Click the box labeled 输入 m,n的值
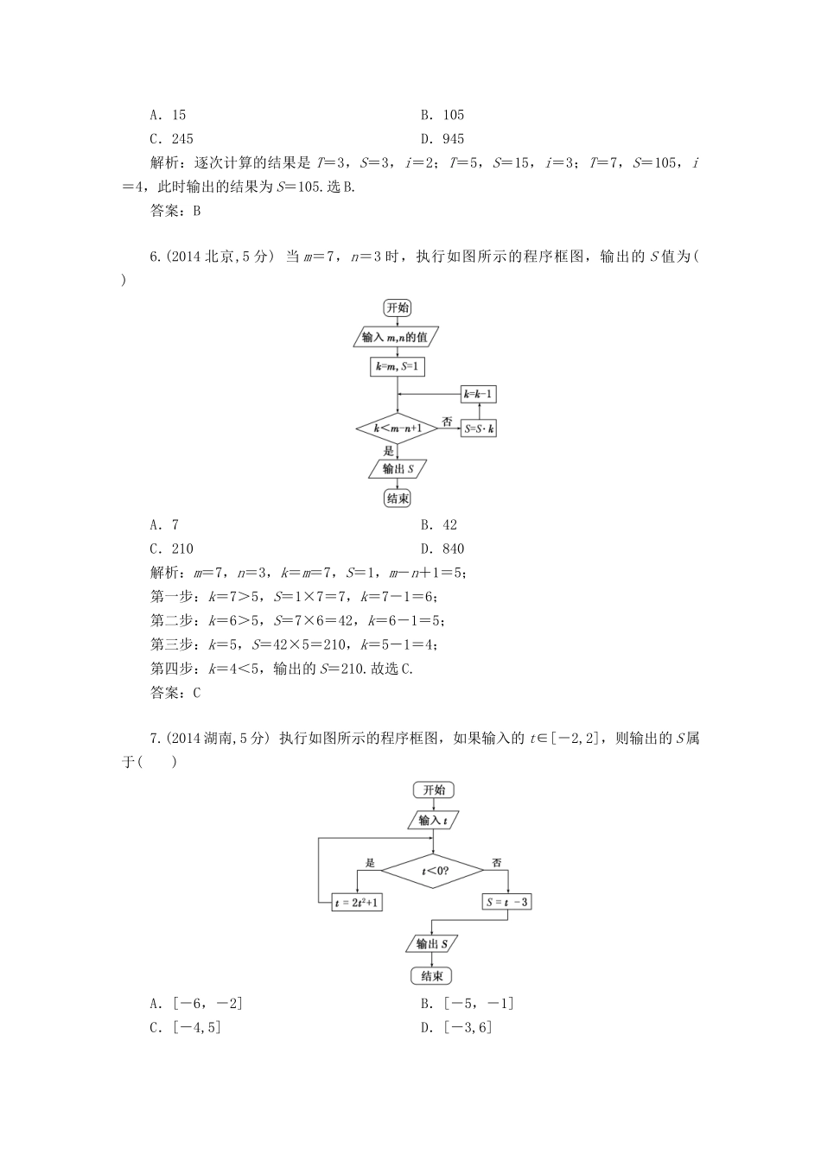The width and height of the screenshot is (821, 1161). click(x=397, y=337)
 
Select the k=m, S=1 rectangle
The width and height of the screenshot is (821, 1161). click(x=397, y=366)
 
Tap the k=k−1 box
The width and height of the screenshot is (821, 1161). click(x=479, y=395)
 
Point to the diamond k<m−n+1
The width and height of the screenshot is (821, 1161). click(x=397, y=428)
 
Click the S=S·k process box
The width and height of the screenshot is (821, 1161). click(x=479, y=428)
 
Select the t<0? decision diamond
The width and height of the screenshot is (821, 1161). click(x=433, y=871)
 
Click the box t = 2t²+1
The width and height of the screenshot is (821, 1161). click(x=357, y=902)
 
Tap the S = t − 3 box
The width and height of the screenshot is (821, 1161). click(x=508, y=902)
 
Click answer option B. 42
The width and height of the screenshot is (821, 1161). click(x=439, y=524)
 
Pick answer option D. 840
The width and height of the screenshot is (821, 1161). click(x=442, y=549)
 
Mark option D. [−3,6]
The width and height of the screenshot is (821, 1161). click(x=455, y=1027)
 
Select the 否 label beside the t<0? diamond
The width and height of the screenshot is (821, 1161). click(x=497, y=862)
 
